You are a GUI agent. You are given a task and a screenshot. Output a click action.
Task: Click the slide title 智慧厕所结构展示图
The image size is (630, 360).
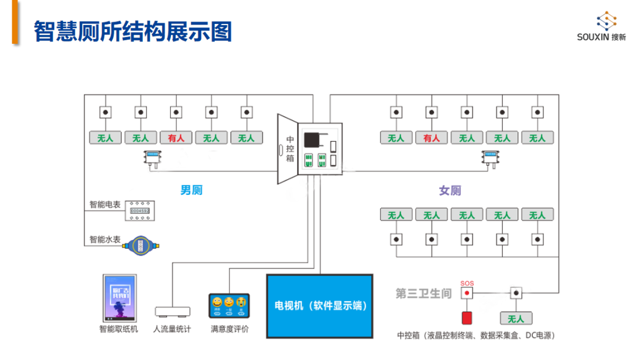[133, 32]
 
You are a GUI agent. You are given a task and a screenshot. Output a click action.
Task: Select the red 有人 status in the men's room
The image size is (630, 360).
[176, 138]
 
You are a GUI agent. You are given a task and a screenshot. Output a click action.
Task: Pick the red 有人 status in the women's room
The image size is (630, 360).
[431, 138]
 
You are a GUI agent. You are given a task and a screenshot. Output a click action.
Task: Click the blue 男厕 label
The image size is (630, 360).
[191, 190]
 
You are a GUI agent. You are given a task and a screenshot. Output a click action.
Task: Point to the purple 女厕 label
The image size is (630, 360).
[450, 190]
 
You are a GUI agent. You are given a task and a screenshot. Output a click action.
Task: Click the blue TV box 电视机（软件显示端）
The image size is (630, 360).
[320, 306]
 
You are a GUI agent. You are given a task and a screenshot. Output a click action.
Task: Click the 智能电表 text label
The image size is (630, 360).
[105, 205]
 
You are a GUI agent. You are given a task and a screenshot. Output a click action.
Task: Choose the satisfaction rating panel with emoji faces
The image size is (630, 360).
[229, 305]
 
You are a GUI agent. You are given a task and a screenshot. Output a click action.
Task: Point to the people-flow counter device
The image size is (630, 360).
[172, 311]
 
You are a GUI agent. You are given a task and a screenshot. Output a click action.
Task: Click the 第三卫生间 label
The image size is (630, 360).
[423, 293]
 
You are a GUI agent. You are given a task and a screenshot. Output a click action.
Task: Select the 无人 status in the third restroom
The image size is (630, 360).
[516, 319]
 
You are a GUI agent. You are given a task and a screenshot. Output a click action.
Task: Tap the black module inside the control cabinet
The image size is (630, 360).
[312, 141]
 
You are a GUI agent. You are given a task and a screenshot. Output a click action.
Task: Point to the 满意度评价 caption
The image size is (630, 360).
[229, 329]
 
